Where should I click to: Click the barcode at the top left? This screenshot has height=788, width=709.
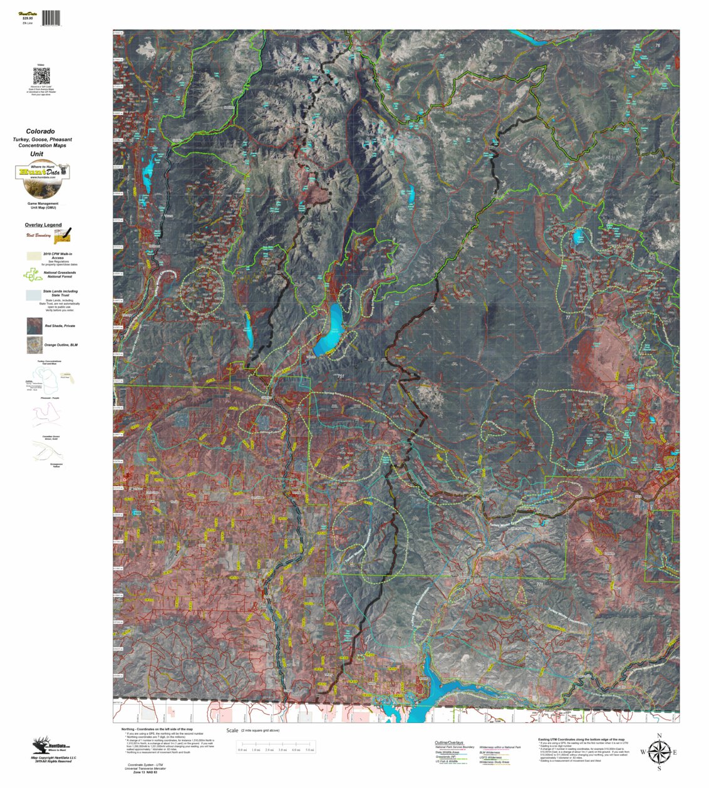point(52,18)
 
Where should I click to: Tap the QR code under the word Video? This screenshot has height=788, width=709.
point(41,76)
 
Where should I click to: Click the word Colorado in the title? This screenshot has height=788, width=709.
point(40,132)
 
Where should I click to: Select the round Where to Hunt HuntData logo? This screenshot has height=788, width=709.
point(42,173)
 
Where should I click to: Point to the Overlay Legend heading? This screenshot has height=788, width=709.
point(43,225)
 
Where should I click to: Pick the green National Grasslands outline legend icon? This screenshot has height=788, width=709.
point(33,274)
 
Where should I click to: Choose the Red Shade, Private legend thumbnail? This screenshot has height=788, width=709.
point(34,326)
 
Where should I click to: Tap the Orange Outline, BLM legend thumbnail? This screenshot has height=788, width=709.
point(34,345)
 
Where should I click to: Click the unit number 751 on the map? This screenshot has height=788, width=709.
point(341,376)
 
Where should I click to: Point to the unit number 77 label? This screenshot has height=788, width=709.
point(568,318)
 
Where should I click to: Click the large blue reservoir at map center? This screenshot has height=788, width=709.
point(333,326)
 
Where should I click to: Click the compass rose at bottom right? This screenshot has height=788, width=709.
point(658,751)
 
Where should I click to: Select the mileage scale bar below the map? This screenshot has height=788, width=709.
point(276,745)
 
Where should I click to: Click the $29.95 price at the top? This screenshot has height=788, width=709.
point(28,18)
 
